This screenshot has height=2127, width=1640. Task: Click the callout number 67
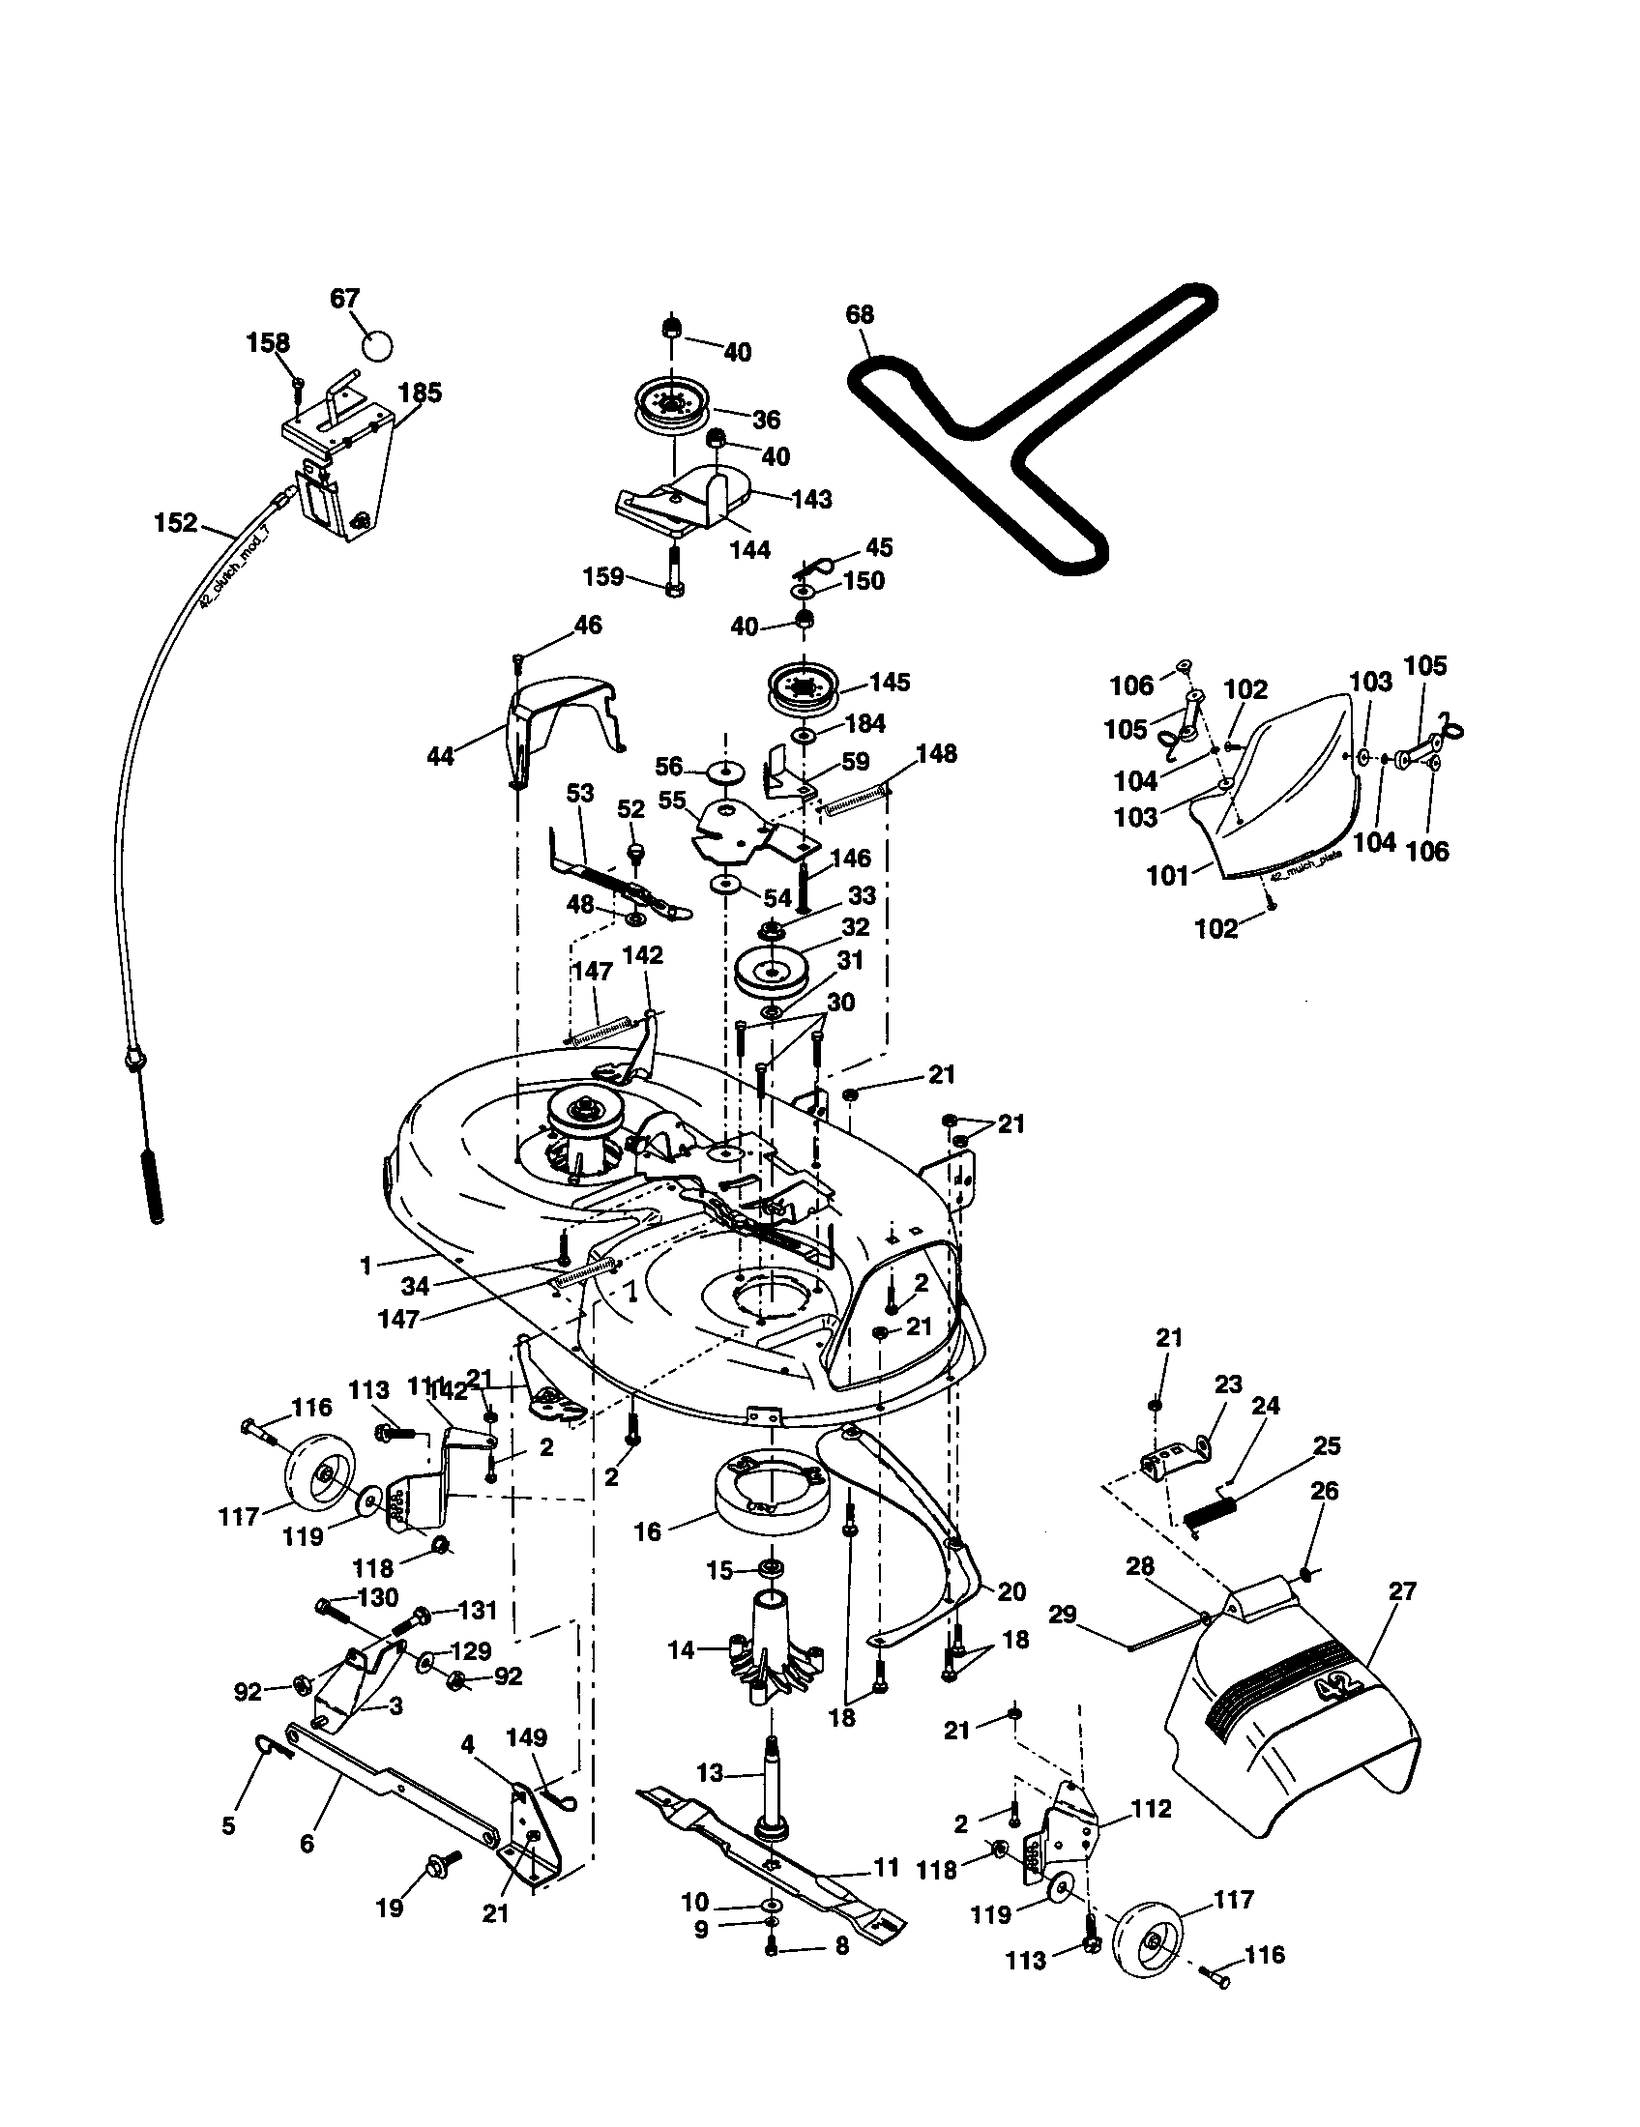pyautogui.click(x=345, y=298)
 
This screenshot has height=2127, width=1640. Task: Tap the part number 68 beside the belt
pyautogui.click(x=860, y=314)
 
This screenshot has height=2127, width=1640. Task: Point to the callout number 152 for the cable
pyautogui.click(x=175, y=523)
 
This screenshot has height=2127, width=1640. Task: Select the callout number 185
pyautogui.click(x=420, y=393)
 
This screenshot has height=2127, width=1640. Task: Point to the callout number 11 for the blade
pyautogui.click(x=886, y=1868)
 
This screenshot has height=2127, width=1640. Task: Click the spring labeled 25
pyautogui.click(x=1210, y=1512)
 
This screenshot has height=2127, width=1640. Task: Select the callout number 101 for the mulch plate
pyautogui.click(x=1168, y=876)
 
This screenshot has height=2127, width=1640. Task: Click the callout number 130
pyautogui.click(x=378, y=1597)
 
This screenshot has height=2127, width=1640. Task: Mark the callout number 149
pyautogui.click(x=527, y=1737)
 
